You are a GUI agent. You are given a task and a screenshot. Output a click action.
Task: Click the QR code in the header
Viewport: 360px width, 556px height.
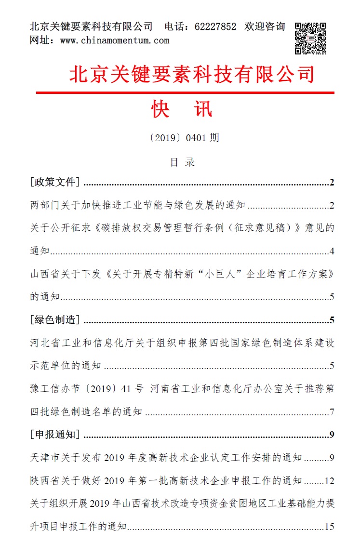click(x=310, y=38)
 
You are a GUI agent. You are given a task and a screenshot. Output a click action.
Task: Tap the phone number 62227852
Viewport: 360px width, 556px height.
click(x=215, y=27)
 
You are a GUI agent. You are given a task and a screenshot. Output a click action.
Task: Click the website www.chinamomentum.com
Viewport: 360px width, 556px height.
click(x=115, y=40)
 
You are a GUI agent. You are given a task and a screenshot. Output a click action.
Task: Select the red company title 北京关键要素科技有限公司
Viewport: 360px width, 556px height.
click(x=192, y=74)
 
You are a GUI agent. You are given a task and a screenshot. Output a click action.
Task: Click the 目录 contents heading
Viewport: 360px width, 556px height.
click(x=182, y=162)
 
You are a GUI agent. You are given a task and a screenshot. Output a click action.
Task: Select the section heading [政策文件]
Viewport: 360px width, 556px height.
click(x=54, y=182)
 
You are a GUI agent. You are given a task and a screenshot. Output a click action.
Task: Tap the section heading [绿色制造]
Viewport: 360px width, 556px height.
click(x=54, y=320)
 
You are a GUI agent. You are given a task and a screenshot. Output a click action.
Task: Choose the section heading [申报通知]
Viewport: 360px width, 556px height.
click(x=54, y=435)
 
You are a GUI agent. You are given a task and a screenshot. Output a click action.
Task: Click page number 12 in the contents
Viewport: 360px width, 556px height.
click(x=330, y=481)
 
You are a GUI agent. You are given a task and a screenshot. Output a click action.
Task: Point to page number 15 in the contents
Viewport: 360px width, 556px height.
click(x=330, y=527)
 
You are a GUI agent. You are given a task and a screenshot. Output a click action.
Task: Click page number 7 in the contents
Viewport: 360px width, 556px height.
click(x=332, y=412)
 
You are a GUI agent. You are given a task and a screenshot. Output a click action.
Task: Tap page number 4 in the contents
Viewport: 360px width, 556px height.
click(x=332, y=251)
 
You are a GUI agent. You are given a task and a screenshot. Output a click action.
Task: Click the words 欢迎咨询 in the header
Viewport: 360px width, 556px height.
click(x=265, y=27)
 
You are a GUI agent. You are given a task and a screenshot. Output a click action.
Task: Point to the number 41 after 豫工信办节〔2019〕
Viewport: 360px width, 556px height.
click(x=126, y=389)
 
